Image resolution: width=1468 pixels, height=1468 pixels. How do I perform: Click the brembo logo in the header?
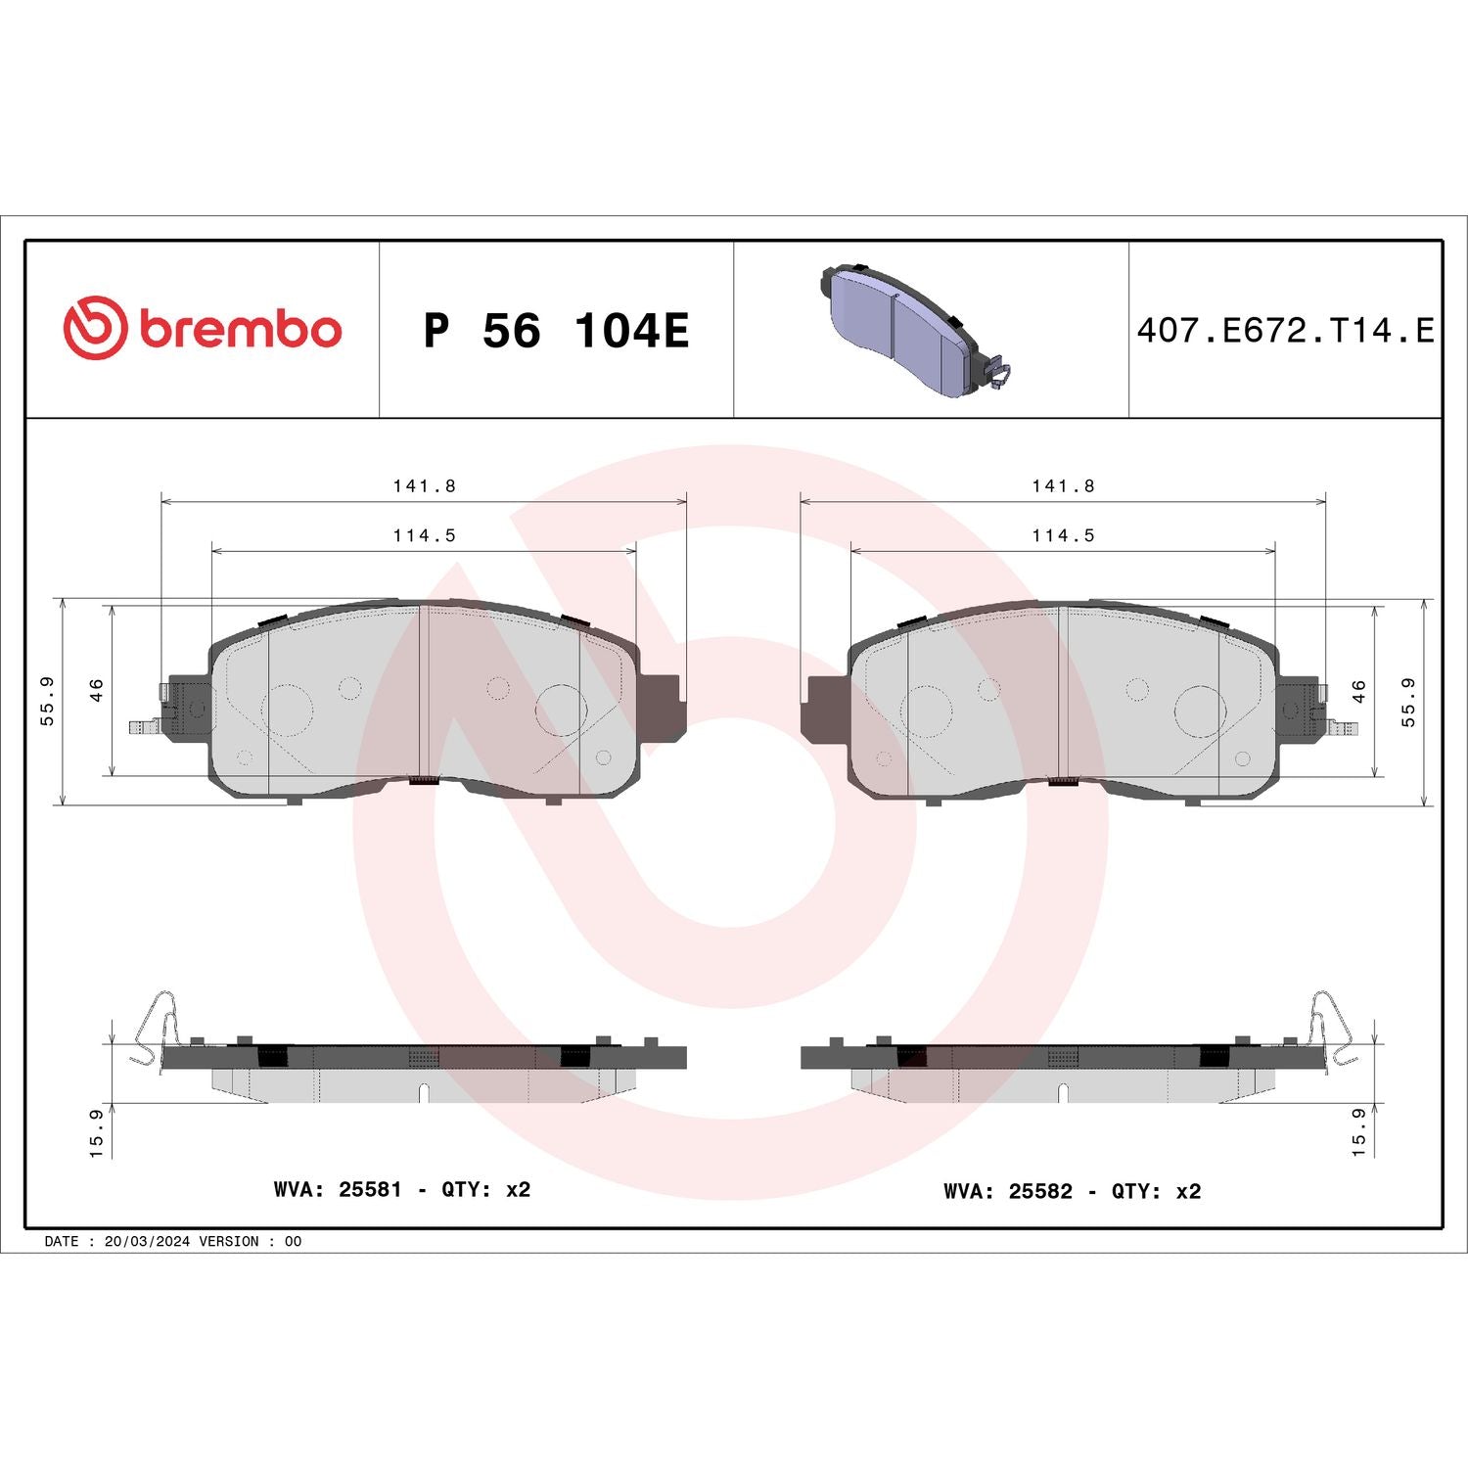point(203,329)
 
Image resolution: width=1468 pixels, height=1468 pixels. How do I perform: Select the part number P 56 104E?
point(556,331)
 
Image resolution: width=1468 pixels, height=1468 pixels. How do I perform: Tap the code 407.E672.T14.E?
point(1284,331)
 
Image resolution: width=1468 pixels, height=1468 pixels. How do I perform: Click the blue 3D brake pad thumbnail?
point(910,331)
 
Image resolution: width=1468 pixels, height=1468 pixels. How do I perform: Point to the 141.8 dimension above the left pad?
point(424,485)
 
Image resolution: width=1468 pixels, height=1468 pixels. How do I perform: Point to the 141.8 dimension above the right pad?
point(1063,485)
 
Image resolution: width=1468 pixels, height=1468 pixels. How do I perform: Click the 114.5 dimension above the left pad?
point(424,535)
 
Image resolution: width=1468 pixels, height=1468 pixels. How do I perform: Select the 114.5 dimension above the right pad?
point(1063,535)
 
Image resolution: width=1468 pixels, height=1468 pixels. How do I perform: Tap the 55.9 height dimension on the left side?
point(47,701)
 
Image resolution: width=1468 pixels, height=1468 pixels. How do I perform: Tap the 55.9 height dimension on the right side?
point(1408,701)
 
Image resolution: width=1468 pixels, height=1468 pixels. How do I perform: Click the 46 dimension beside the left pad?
point(97,690)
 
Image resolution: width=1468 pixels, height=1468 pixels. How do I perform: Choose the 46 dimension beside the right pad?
point(1358,690)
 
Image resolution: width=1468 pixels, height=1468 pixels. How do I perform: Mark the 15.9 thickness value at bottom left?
point(96,1132)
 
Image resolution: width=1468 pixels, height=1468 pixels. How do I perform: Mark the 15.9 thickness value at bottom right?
point(1358,1132)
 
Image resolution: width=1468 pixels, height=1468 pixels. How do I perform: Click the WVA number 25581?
point(370,1189)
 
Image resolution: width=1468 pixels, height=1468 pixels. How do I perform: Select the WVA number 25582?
point(1040,1191)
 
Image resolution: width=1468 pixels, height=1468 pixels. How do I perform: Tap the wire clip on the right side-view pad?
point(1331,1028)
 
